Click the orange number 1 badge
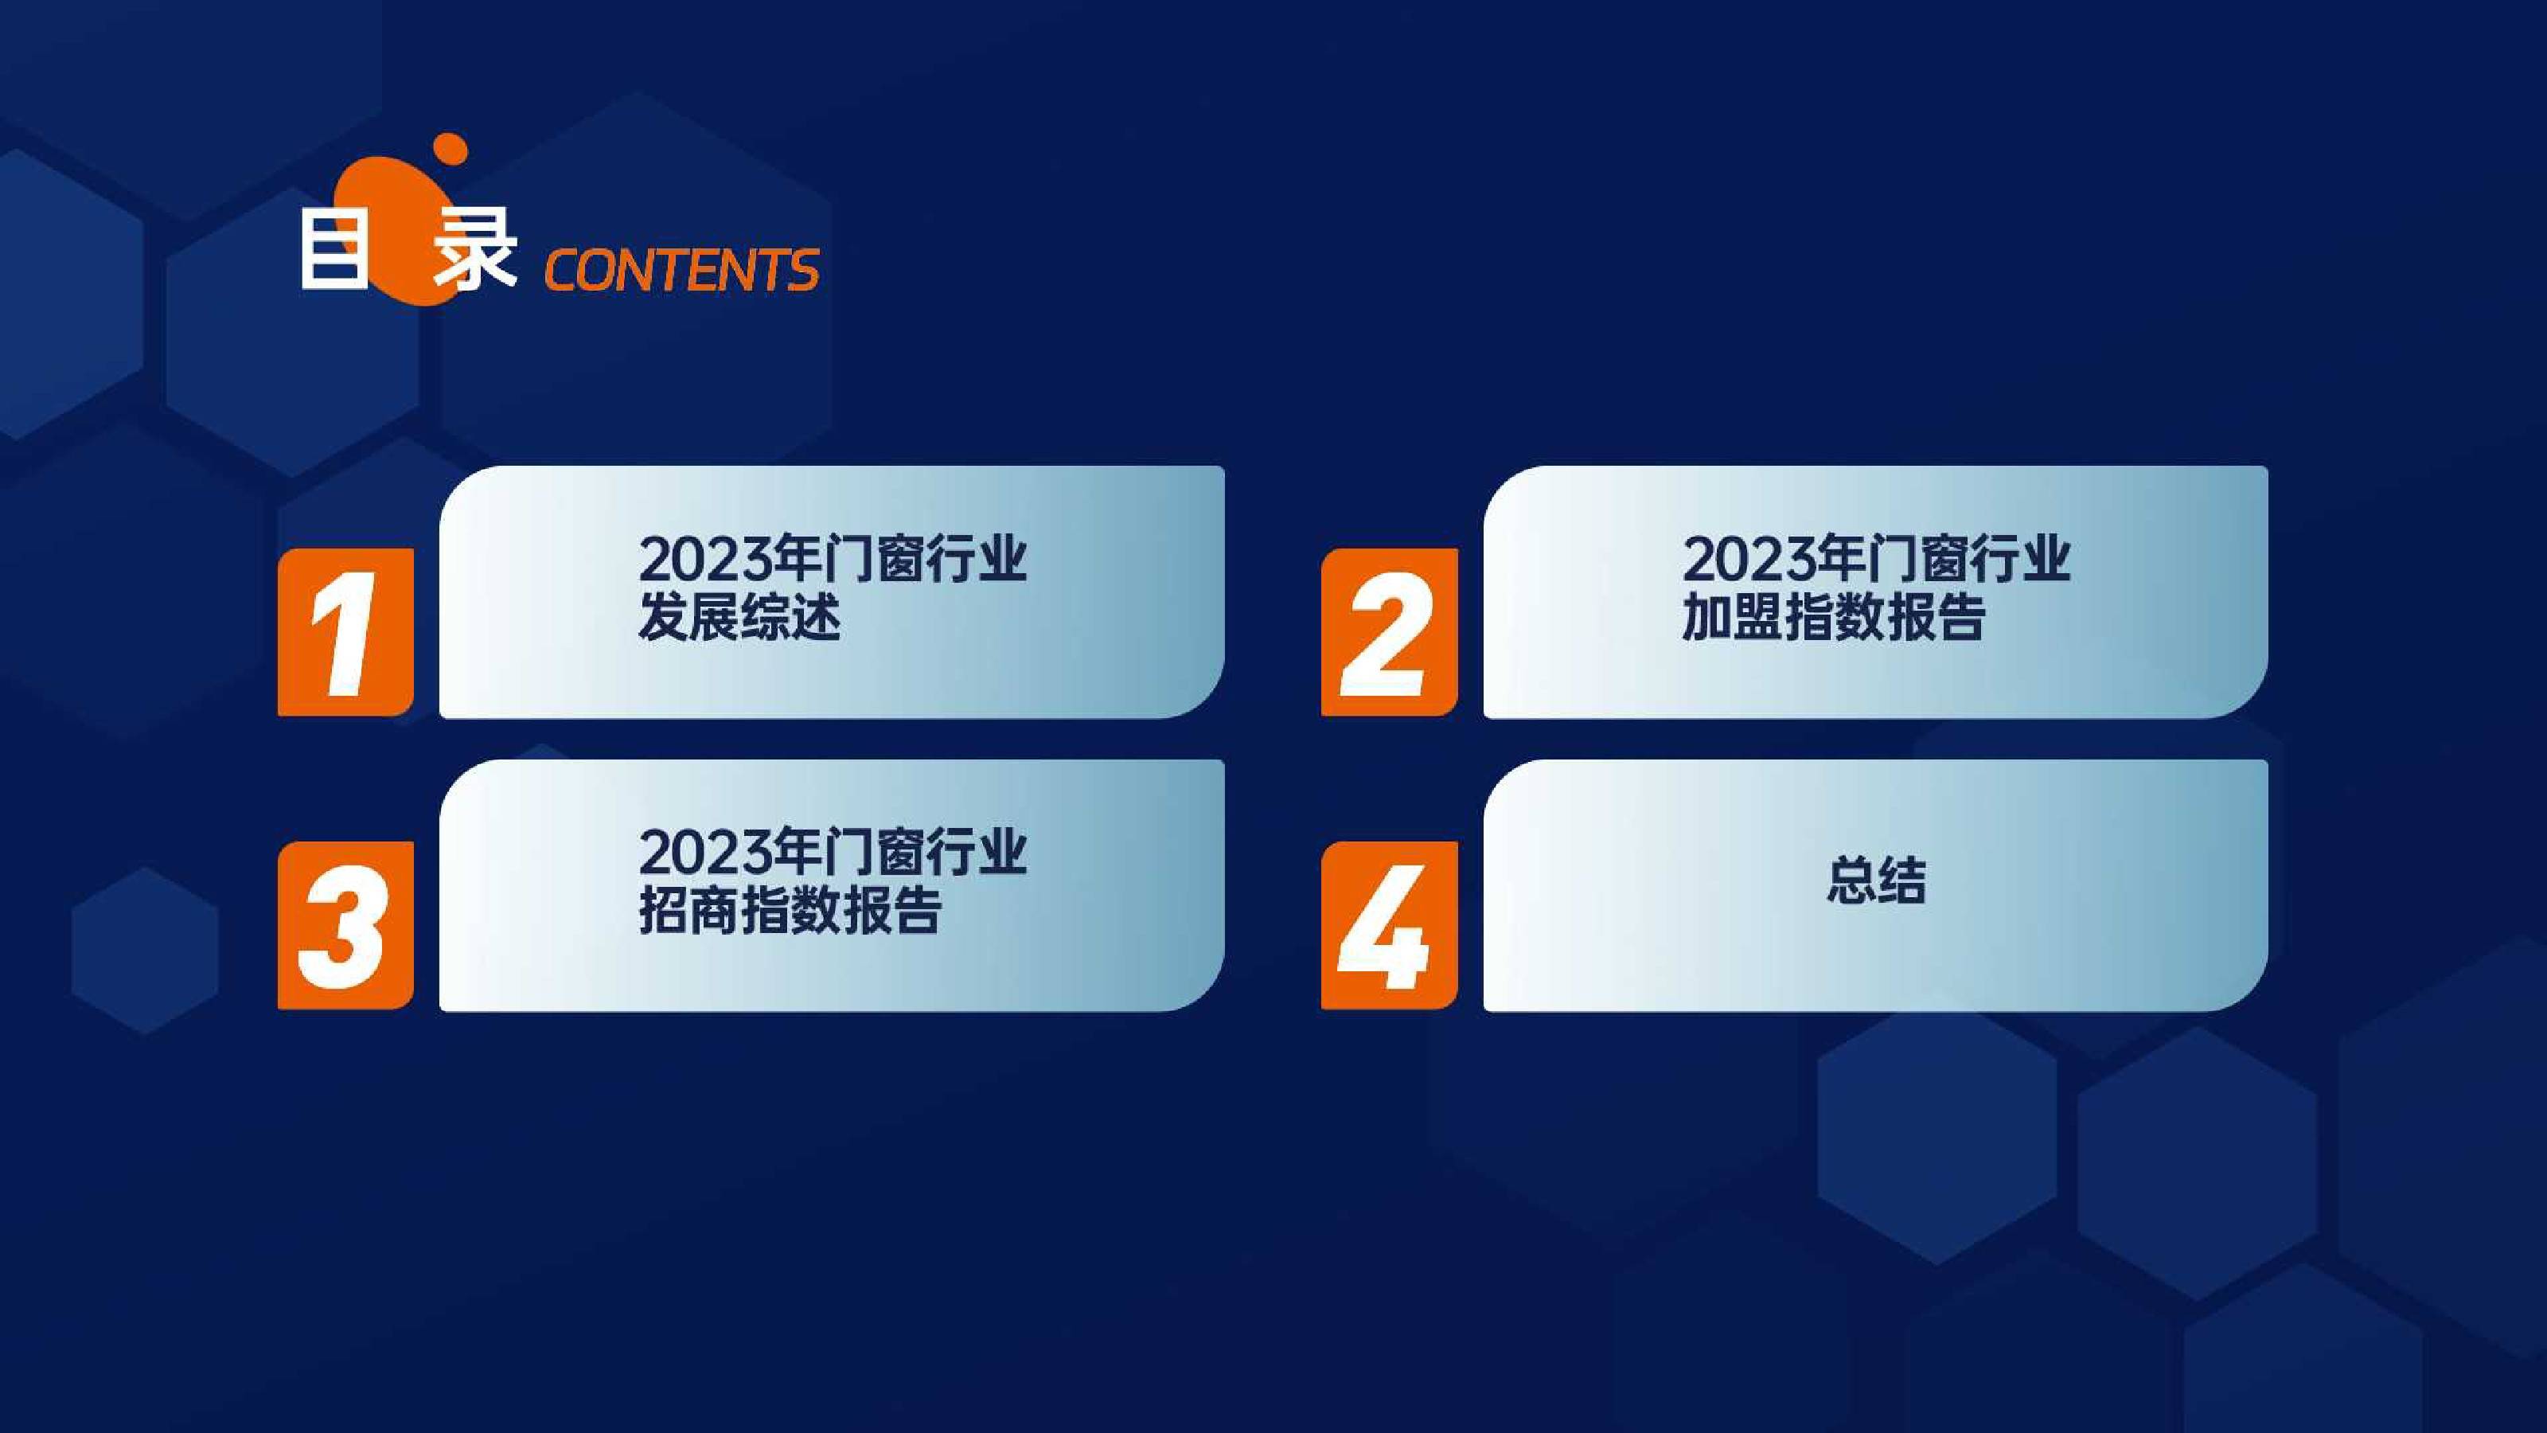345,632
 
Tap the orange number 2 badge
1388,632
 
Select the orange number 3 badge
345,926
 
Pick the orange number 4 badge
1388,926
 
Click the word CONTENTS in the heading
681,270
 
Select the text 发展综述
739,618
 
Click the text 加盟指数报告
1834,618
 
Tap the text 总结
1876,880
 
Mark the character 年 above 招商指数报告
796,853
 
